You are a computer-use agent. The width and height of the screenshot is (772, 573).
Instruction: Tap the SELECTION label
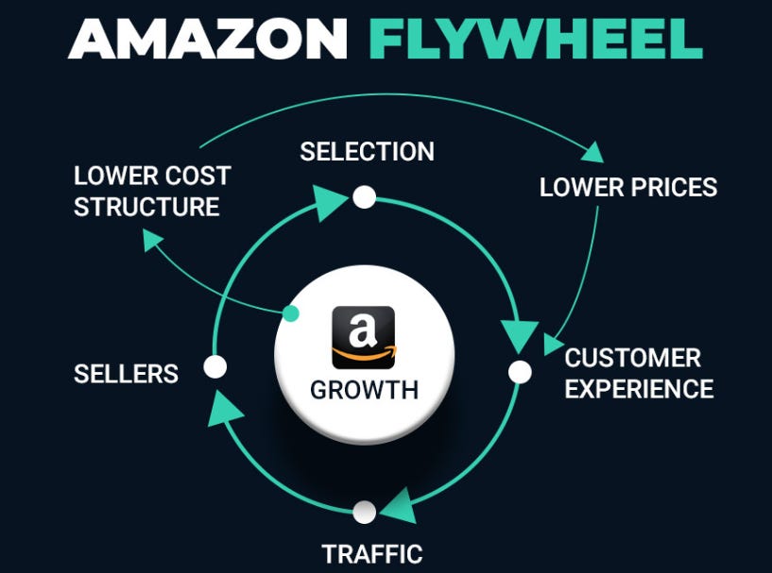367,151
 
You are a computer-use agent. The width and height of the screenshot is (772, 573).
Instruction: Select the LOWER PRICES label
628,187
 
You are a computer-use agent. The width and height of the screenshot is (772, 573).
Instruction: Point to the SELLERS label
126,374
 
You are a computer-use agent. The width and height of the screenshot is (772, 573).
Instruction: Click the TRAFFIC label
371,553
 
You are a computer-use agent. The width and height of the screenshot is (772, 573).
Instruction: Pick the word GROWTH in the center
364,390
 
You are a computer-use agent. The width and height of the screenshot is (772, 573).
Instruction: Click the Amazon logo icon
364,337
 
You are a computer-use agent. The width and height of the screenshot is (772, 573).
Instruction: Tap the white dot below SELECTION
364,197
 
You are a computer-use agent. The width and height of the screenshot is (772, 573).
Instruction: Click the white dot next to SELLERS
215,367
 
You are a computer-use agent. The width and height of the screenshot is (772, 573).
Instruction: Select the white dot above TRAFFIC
364,513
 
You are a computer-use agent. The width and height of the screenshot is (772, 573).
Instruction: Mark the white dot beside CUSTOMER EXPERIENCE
520,372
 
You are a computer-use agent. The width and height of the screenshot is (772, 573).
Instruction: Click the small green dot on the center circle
291,313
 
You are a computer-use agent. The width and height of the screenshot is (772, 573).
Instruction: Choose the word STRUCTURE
146,207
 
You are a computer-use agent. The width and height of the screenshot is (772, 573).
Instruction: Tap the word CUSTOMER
632,359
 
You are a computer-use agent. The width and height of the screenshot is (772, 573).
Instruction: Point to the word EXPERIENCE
639,388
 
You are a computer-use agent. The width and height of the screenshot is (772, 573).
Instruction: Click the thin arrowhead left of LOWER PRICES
593,151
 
